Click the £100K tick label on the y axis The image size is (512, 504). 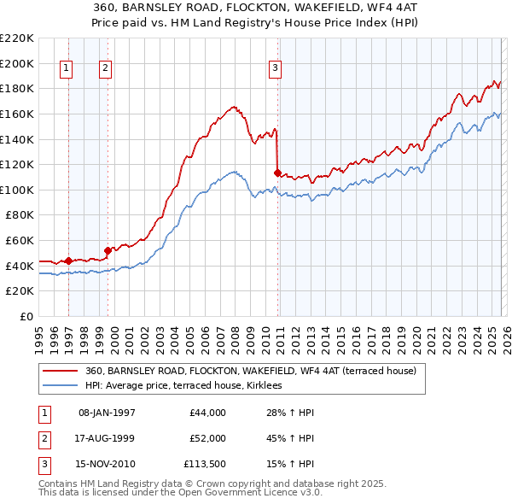pyautogui.click(x=17, y=190)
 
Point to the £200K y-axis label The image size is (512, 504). pyautogui.click(x=17, y=63)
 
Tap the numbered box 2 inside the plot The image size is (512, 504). pyautogui.click(x=105, y=69)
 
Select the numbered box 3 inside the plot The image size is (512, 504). pyautogui.click(x=276, y=69)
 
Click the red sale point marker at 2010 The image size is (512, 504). pyautogui.click(x=277, y=173)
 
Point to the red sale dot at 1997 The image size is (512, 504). pyautogui.click(x=68, y=261)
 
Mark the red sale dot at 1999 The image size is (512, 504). pyautogui.click(x=108, y=250)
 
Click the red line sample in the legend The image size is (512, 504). pyautogui.click(x=61, y=372)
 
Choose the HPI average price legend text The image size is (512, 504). pyautogui.click(x=189, y=386)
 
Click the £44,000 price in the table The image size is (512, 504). pyautogui.click(x=207, y=413)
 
